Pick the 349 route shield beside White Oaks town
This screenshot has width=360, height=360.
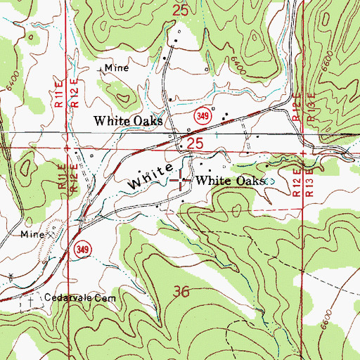pos(202,114)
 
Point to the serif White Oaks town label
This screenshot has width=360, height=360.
pos(129,121)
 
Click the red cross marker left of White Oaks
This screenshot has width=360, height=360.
pos(184,181)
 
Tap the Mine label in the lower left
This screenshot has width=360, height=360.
pos(32,233)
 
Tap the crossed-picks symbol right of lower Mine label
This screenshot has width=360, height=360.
pos(49,233)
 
